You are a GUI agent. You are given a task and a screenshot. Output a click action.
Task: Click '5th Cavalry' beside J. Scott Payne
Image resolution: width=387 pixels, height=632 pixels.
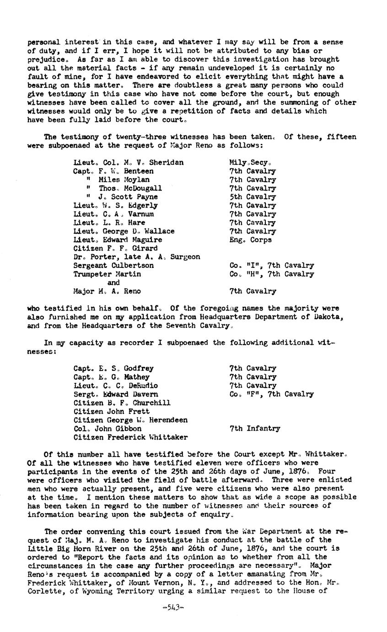(x=253, y=197)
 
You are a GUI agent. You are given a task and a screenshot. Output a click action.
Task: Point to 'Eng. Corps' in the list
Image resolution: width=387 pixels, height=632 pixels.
(x=250, y=240)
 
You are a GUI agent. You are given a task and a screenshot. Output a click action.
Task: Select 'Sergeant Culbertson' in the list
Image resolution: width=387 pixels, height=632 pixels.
(x=113, y=266)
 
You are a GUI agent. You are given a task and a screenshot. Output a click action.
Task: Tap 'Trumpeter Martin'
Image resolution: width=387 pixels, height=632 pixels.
(x=107, y=274)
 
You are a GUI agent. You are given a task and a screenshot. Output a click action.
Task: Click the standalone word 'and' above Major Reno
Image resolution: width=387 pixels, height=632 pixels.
(x=113, y=283)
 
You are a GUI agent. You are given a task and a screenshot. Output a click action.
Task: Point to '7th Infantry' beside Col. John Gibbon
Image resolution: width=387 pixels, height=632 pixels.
(x=254, y=429)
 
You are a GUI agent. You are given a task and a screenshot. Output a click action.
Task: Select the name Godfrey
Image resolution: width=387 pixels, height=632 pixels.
(x=138, y=369)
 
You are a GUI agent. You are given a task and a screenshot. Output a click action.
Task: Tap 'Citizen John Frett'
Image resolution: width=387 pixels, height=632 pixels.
(x=111, y=412)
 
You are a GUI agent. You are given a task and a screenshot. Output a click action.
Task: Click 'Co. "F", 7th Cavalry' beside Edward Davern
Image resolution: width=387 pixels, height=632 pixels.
(x=272, y=394)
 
